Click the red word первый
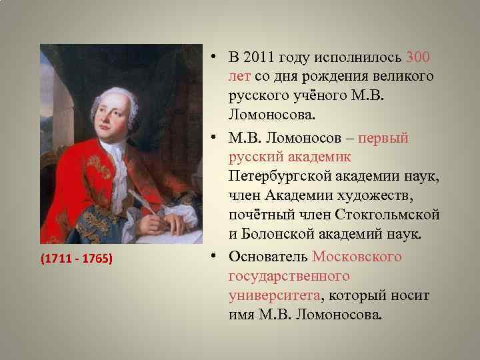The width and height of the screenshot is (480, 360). tap(383, 139)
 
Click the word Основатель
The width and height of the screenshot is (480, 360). tap(266, 256)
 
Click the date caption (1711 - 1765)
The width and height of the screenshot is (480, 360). tap(75, 257)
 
